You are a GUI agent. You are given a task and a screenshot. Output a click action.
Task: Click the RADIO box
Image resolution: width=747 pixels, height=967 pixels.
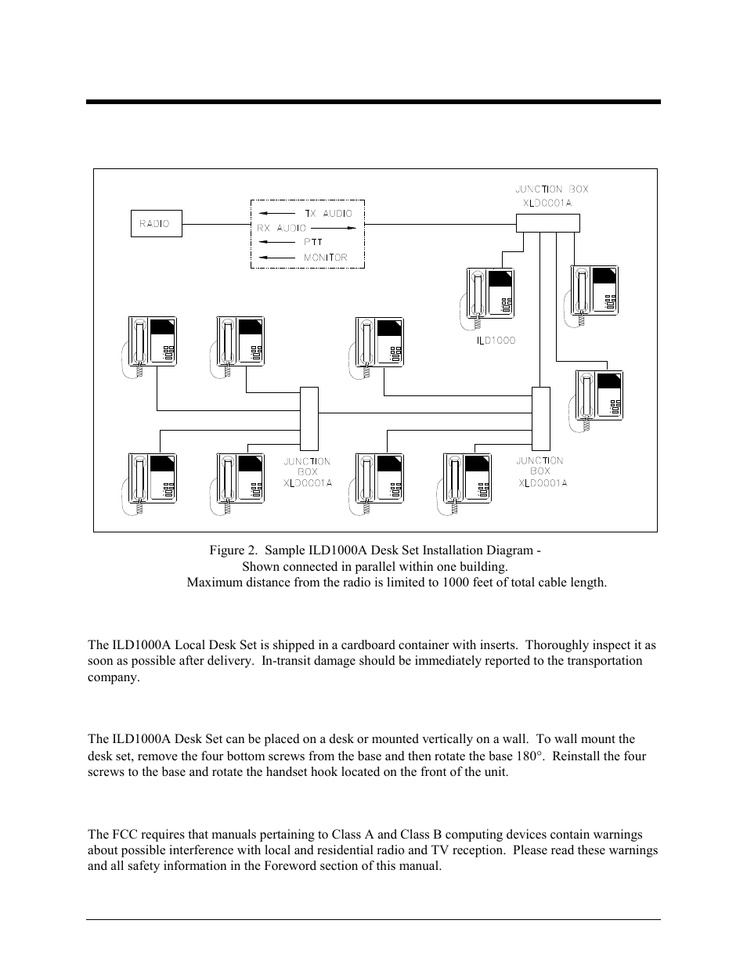(155, 223)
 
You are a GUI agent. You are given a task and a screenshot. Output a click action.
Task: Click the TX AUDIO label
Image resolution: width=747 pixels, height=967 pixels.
(328, 213)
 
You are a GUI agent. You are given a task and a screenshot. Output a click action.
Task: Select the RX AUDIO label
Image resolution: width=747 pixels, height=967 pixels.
(282, 228)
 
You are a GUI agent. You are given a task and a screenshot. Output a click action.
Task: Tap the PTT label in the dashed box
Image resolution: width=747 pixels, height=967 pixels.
(313, 243)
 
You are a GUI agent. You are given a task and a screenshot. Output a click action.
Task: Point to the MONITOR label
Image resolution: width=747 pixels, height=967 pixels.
(325, 258)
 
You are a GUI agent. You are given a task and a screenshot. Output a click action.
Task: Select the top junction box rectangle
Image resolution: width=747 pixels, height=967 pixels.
(547, 223)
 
